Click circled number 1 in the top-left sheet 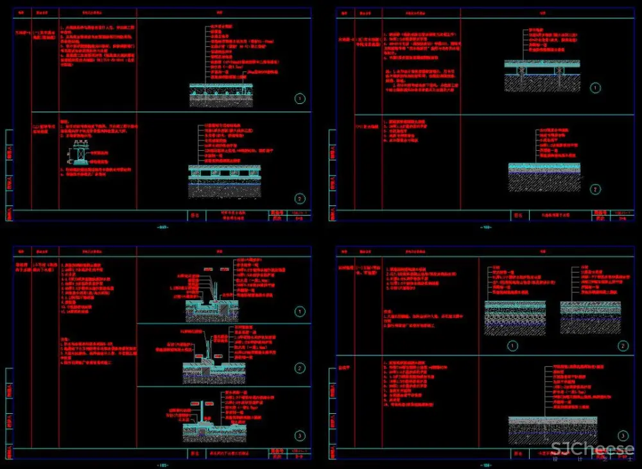(x=300, y=98)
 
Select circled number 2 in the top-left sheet (x=300, y=199)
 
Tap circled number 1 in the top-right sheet (x=596, y=88)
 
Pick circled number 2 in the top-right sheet (x=596, y=189)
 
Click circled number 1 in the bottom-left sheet (x=300, y=312)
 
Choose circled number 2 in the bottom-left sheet (x=300, y=368)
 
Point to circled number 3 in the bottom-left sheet (x=300, y=436)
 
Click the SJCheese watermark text (x=593, y=448)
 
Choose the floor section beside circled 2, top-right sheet (x=544, y=176)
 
